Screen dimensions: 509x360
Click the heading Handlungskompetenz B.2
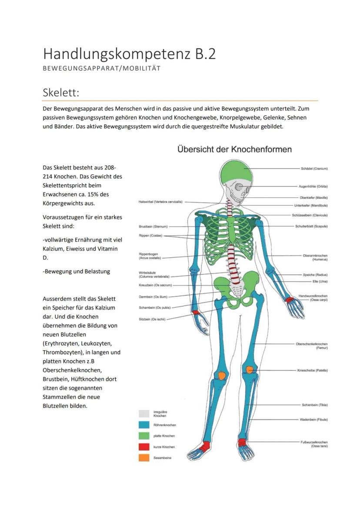(x=129, y=54)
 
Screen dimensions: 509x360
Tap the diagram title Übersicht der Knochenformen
(x=234, y=149)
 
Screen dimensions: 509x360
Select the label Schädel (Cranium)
(x=314, y=168)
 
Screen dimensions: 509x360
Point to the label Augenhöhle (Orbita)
(x=313, y=186)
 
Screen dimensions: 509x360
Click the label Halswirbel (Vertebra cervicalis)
(x=160, y=202)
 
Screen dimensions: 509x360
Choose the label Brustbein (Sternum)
(x=153, y=226)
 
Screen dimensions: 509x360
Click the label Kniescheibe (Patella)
(x=312, y=370)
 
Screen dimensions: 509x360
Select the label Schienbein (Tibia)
(x=314, y=405)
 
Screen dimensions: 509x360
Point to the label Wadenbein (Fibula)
(x=313, y=419)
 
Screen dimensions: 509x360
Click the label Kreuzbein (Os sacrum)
(x=155, y=285)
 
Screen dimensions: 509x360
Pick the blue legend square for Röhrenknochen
(x=144, y=425)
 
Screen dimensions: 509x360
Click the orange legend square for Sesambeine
(x=144, y=457)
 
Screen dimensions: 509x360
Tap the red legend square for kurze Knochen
(x=144, y=446)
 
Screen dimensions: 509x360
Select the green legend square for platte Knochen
(x=144, y=436)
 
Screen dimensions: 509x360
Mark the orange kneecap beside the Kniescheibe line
(x=250, y=370)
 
